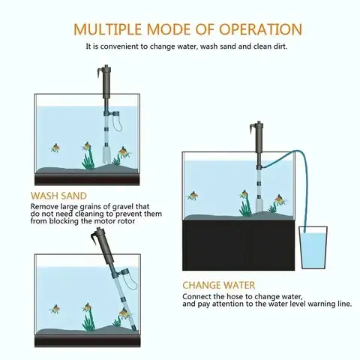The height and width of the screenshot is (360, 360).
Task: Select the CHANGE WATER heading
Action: coord(218,286)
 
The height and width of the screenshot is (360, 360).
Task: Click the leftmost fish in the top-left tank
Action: coord(55,148)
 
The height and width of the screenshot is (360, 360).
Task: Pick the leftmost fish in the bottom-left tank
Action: coord(55,307)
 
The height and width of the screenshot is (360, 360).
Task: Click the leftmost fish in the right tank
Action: coord(193,196)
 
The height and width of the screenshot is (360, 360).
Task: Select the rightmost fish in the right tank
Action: coord(279,199)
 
